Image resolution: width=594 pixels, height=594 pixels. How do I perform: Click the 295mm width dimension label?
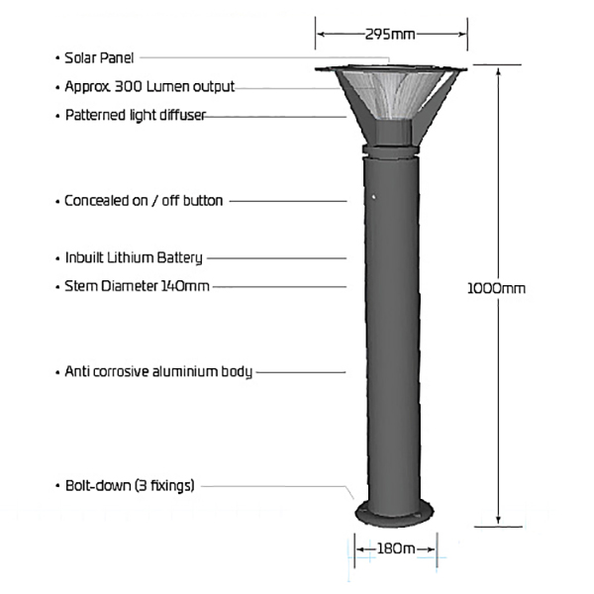tap(390, 35)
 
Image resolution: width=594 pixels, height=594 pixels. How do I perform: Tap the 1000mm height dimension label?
tap(496, 289)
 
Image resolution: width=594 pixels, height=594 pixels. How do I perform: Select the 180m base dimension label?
tap(396, 548)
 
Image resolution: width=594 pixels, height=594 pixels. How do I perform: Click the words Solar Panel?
tap(99, 58)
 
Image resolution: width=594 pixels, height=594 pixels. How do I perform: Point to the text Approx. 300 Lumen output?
tap(149, 87)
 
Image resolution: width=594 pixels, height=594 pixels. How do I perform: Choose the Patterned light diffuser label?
tap(136, 115)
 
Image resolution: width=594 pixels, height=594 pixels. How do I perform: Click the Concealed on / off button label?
tap(144, 201)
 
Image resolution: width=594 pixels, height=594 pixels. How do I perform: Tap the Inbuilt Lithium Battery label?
tap(134, 258)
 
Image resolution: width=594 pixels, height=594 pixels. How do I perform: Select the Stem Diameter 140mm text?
tap(137, 286)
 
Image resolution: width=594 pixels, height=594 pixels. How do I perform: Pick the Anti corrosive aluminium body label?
tap(158, 371)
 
